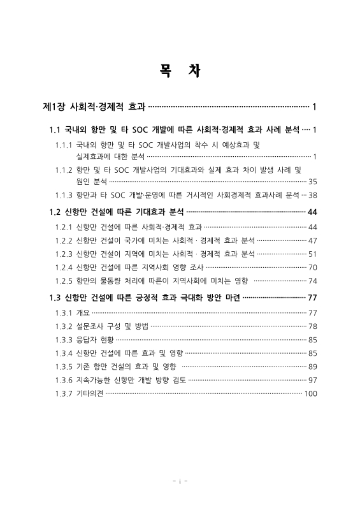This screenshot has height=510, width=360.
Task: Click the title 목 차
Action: [x=180, y=70]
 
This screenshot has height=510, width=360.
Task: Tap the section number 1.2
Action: [x=55, y=211]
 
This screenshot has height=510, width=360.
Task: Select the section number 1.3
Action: [x=55, y=297]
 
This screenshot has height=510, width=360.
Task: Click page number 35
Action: [x=312, y=182]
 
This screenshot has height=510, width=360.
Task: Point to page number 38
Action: [x=312, y=196]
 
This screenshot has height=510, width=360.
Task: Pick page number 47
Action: [x=312, y=240]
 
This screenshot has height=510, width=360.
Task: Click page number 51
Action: [x=312, y=254]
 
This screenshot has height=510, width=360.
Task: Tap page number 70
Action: [x=312, y=267]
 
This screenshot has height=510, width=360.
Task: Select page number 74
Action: [x=312, y=280]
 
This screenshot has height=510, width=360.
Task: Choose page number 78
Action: [x=312, y=326]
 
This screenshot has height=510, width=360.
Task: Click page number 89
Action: [x=312, y=367]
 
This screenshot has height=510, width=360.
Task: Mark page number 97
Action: [x=312, y=380]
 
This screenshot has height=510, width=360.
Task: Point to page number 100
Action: [x=310, y=393]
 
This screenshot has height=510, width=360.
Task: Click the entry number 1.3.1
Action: [x=64, y=313]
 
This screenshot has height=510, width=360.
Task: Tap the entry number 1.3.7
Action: [x=64, y=393]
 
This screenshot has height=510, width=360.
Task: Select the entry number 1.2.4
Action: [x=64, y=267]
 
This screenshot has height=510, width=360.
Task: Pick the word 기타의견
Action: [x=90, y=393]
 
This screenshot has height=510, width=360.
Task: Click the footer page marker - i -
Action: [x=180, y=480]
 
